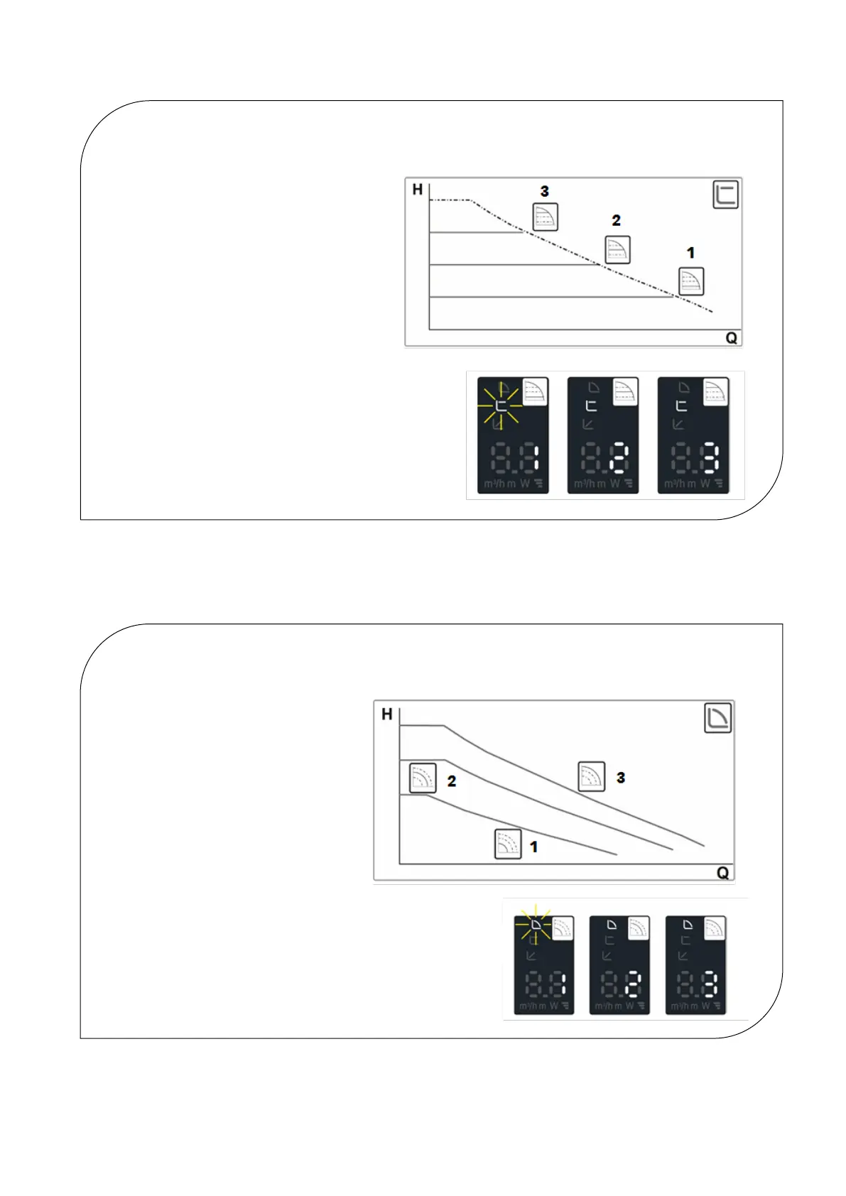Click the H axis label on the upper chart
[418, 190]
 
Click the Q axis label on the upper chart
[731, 338]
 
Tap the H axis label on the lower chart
[387, 714]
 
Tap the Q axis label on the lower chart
[722, 873]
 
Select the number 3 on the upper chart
[545, 191]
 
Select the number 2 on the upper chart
[616, 221]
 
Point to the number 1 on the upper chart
[690, 253]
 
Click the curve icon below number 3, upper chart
[546, 217]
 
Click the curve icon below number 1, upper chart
[691, 281]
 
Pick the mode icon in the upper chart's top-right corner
[725, 195]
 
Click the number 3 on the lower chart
[621, 778]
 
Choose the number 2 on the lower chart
[451, 781]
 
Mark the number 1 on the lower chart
[533, 847]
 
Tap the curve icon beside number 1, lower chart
[508, 844]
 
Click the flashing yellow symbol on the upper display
[501, 406]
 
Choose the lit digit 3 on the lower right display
[710, 984]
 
